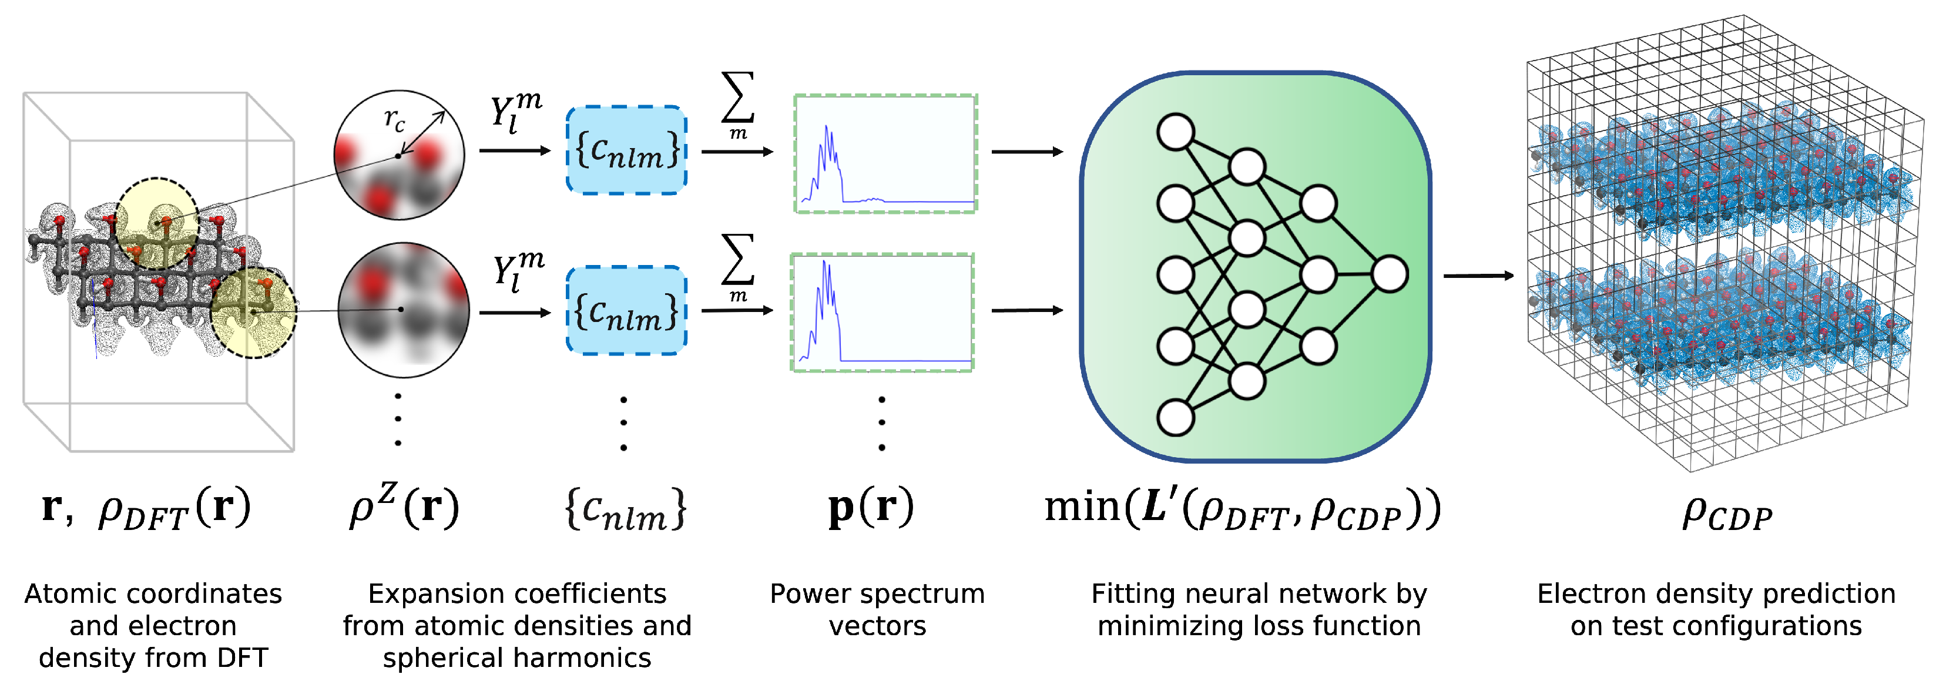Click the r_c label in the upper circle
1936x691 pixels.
[x=394, y=119]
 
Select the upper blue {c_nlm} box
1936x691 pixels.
[x=626, y=150]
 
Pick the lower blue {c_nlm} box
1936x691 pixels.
[x=626, y=310]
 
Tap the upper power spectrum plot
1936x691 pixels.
[x=885, y=153]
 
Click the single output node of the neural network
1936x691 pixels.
[x=1390, y=274]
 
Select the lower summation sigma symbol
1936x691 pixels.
[x=737, y=259]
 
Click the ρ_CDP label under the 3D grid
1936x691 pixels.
[x=1726, y=514]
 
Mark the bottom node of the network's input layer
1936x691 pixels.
[x=1176, y=418]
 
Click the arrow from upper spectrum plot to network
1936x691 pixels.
[x=1026, y=152]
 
